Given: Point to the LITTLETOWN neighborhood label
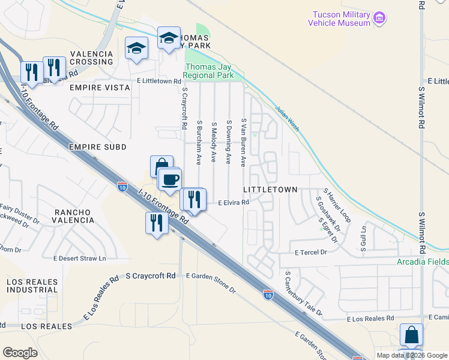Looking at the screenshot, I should click(x=270, y=189).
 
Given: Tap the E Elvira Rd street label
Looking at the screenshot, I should click(x=233, y=203).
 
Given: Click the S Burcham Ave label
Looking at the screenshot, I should click(x=199, y=142).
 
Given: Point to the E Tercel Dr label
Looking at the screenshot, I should click(x=310, y=253).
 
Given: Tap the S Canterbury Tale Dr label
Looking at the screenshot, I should click(x=303, y=294).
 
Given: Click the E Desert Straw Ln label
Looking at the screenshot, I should click(x=79, y=259).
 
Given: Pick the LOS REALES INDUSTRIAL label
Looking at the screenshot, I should click(x=32, y=286).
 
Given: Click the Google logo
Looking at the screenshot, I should click(x=20, y=352).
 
